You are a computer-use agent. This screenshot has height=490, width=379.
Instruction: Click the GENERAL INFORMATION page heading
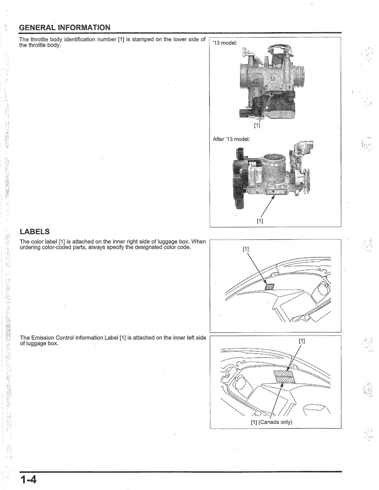64,28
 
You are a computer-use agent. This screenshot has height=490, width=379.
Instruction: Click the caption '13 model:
225,43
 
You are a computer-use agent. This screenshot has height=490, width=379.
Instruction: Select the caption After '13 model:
231,139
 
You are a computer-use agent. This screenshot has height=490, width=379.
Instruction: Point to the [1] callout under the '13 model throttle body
257,125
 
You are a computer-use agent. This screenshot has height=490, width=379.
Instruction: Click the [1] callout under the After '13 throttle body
260,221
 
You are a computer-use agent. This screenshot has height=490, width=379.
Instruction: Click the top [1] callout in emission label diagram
302,341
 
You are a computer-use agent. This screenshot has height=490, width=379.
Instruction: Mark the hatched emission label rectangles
283,377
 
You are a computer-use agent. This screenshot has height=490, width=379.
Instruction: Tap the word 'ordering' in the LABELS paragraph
30,247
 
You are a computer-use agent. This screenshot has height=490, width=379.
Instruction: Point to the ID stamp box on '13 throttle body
278,87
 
